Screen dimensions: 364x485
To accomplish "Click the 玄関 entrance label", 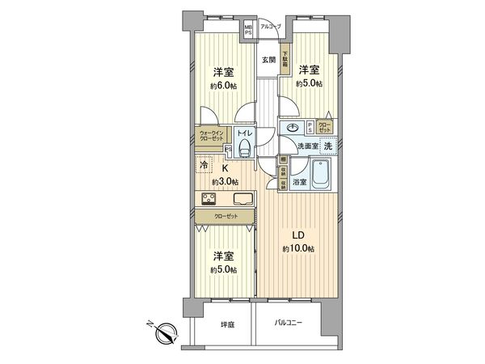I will pyautogui.click(x=268, y=60).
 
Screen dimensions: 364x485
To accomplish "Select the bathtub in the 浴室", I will pyautogui.click(x=321, y=174).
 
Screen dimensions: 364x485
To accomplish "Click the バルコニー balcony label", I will pyautogui.click(x=288, y=324).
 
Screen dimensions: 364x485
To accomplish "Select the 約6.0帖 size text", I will pyautogui.click(x=225, y=85).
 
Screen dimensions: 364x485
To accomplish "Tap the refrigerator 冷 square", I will pyautogui.click(x=204, y=165).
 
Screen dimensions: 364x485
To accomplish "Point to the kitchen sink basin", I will pyautogui.click(x=242, y=200).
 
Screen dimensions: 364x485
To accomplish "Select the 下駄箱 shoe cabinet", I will pyautogui.click(x=285, y=61).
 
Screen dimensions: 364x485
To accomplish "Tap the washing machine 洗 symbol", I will pyautogui.click(x=328, y=146).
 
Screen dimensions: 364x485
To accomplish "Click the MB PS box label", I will pyautogui.click(x=249, y=30).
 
